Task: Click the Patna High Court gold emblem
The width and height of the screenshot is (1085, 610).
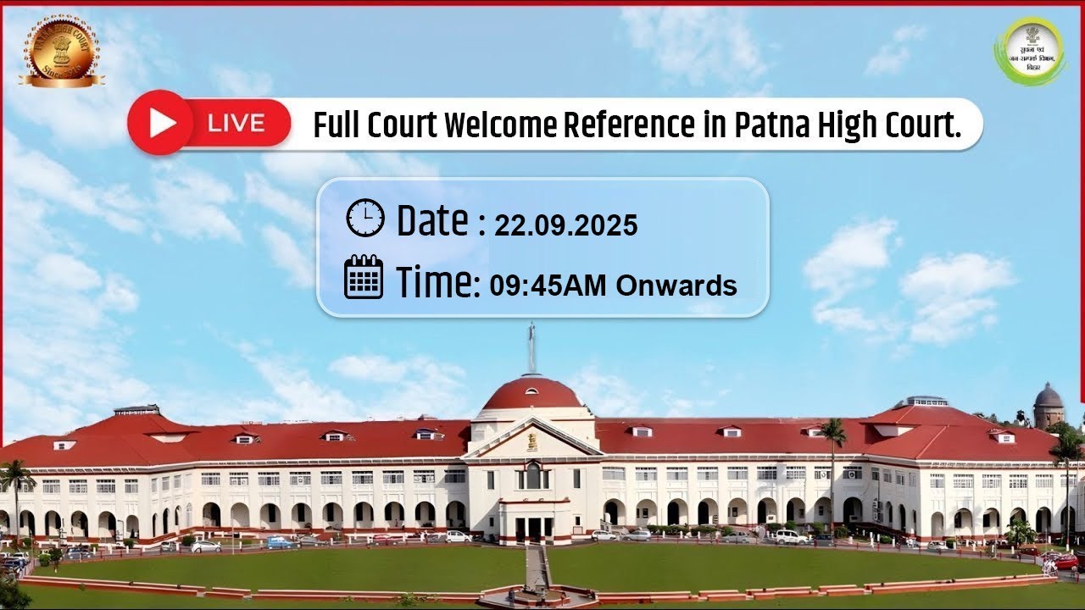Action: coord(61,49)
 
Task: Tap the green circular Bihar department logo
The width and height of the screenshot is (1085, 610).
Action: coord(1030,51)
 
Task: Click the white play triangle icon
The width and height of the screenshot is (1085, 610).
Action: coord(162,124)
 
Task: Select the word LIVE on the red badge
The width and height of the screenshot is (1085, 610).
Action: coord(236,124)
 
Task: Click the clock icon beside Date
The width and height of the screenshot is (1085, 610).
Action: coord(365,219)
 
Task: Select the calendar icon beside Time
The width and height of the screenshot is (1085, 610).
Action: coord(364,277)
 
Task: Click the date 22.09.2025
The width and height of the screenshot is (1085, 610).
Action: coord(565,225)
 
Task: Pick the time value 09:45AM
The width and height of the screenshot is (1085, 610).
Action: coord(548,286)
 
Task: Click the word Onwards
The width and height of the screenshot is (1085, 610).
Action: coord(676,286)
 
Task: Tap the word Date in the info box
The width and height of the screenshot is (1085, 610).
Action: coord(432,220)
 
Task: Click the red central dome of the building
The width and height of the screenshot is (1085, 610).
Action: coord(531,395)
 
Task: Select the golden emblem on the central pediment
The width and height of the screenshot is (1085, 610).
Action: coord(532,441)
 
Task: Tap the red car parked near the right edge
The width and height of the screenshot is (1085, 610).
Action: coord(1063,562)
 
